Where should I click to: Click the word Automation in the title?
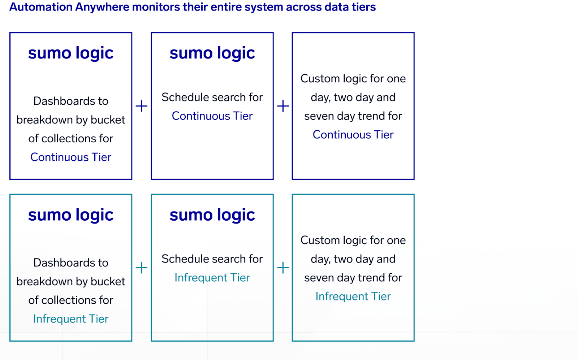(41, 7)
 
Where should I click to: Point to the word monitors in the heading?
(156, 7)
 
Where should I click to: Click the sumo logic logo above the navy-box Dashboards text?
(71, 53)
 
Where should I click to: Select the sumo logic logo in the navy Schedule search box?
(212, 53)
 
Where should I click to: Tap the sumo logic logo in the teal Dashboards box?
(71, 215)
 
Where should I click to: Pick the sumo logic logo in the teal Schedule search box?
(212, 215)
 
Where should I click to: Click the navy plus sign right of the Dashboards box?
(141, 106)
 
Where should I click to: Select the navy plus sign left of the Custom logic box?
(283, 106)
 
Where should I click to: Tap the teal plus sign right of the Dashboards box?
(141, 268)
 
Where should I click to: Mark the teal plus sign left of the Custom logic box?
(283, 268)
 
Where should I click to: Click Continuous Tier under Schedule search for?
(212, 116)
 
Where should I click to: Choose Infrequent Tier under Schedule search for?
(212, 278)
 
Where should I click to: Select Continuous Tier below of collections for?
(71, 157)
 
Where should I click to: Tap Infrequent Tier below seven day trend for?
(353, 296)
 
